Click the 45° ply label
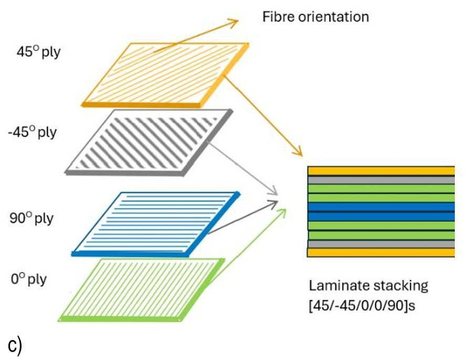pyautogui.click(x=38, y=53)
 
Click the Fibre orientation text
pyautogui.click(x=315, y=17)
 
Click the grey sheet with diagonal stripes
pyautogui.click(x=150, y=141)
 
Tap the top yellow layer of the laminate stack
pyautogui.click(x=381, y=170)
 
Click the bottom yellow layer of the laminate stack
pyautogui.click(x=381, y=253)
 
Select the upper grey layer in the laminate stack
pyautogui.click(x=381, y=180)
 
